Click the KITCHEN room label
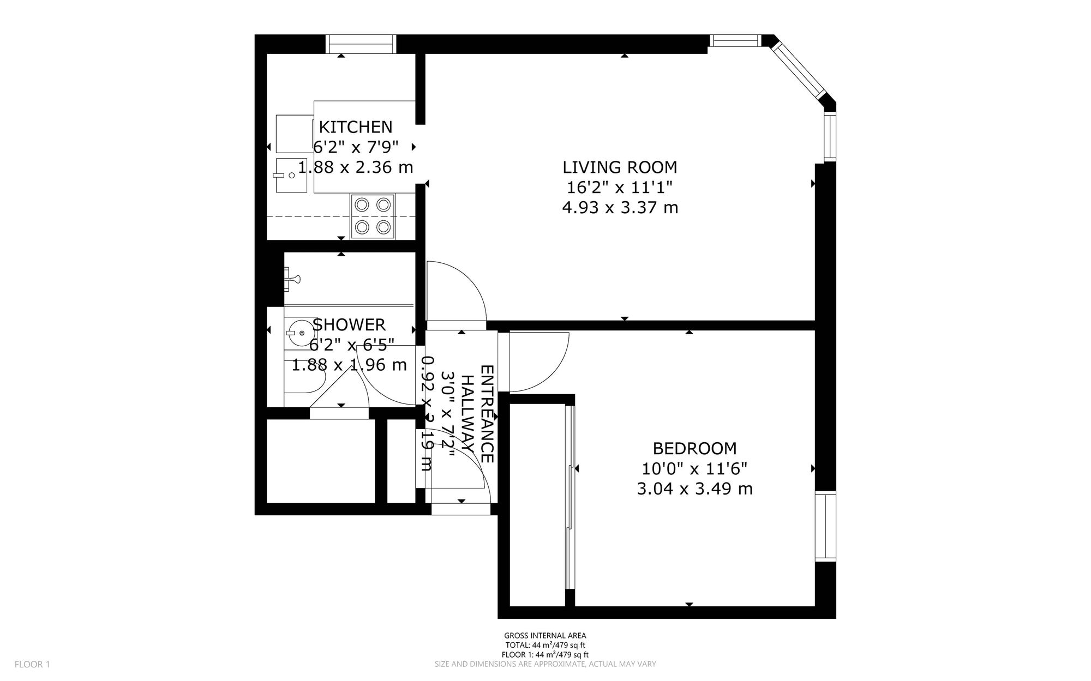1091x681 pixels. (355, 127)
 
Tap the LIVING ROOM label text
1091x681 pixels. (620, 167)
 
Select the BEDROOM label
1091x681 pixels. (694, 449)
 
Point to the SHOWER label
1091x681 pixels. (349, 325)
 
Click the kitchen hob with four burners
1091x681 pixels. (373, 216)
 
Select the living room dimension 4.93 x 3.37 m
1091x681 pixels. (620, 208)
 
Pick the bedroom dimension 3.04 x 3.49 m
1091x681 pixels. (694, 489)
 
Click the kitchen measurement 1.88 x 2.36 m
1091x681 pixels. (355, 167)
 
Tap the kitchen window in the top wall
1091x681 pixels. (361, 44)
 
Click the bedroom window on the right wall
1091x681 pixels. (826, 527)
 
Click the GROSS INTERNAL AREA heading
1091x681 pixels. (545, 635)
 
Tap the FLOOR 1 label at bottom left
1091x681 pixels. (32, 664)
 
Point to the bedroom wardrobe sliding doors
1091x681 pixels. (570, 498)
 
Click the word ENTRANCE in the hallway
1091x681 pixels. (487, 414)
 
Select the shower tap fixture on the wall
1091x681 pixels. (292, 278)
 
